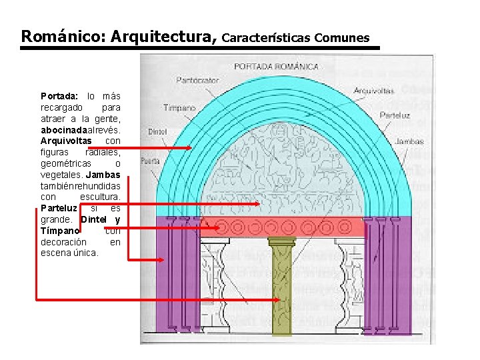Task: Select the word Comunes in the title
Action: tap(343, 37)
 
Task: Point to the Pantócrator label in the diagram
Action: tap(197, 80)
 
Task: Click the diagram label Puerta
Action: tap(149, 161)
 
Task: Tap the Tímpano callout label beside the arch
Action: tap(179, 107)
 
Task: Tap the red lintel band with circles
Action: tap(283, 227)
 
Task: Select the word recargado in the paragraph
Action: tap(61, 107)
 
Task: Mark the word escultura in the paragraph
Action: tap(99, 197)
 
